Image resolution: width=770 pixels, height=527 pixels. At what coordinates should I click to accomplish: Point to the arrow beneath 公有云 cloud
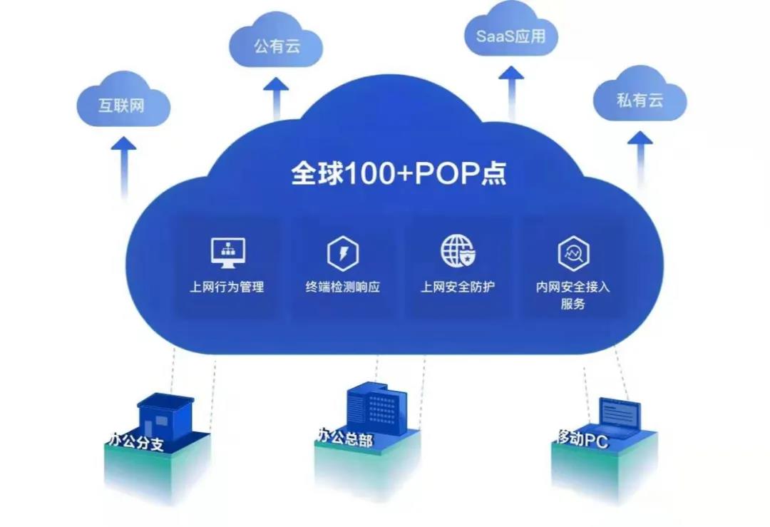[x=276, y=96]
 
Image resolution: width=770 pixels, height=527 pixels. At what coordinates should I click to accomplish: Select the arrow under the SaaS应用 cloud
[x=510, y=89]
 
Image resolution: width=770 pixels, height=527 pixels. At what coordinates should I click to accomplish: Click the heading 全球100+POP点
[x=399, y=173]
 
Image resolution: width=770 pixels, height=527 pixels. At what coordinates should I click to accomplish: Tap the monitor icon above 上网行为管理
[x=227, y=252]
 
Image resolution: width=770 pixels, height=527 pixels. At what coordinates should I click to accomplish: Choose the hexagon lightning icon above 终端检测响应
[x=342, y=254]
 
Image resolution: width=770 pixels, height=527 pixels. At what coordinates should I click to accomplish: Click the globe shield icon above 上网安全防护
[x=457, y=251]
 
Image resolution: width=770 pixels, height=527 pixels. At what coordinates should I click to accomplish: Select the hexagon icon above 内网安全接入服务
[x=573, y=254]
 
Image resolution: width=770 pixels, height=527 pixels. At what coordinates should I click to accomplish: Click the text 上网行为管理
[x=227, y=287]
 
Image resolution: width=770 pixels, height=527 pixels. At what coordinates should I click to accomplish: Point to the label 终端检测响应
[x=342, y=287]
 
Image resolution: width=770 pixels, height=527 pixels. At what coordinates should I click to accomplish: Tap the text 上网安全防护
[x=457, y=287]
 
